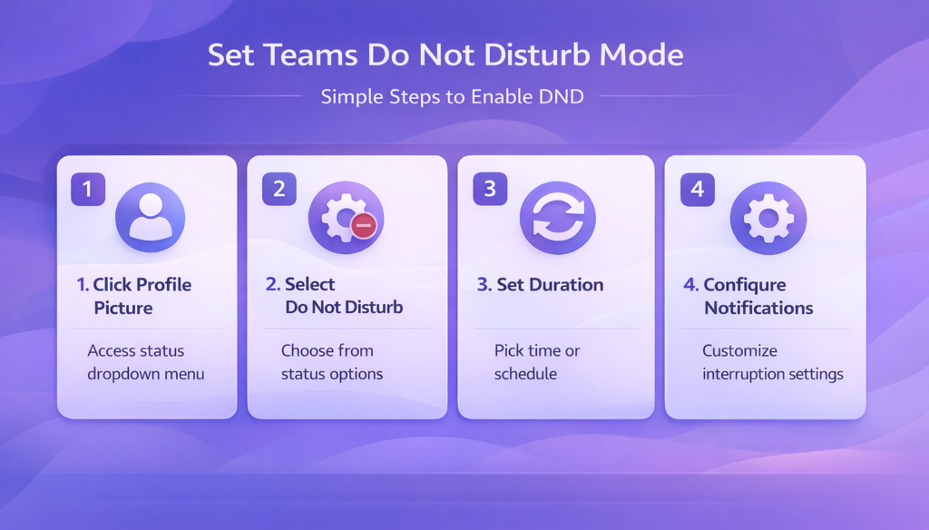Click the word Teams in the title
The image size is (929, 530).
pyautogui.click(x=310, y=55)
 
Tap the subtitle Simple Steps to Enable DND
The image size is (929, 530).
pyautogui.click(x=452, y=96)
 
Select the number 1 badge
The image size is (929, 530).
pyautogui.click(x=88, y=189)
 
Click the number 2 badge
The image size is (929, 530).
pyautogui.click(x=279, y=189)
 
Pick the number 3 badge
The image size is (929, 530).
pyautogui.click(x=490, y=189)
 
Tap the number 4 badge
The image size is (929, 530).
pyautogui.click(x=698, y=189)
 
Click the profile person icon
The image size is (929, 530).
pyautogui.click(x=150, y=217)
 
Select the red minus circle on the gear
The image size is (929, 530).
pyautogui.click(x=363, y=225)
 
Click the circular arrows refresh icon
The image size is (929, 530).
pyautogui.click(x=558, y=218)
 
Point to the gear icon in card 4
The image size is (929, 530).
pyautogui.click(x=768, y=218)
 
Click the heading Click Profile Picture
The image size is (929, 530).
pyautogui.click(x=134, y=296)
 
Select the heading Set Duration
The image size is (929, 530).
pyautogui.click(x=541, y=285)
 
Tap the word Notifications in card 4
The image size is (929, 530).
pyautogui.click(x=758, y=308)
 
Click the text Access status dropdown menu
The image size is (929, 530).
pyautogui.click(x=146, y=361)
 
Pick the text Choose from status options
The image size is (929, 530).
pyautogui.click(x=332, y=361)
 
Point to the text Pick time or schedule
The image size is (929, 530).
pyautogui.click(x=537, y=361)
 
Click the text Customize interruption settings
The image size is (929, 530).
pyautogui.click(x=773, y=361)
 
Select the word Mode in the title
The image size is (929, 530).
pyautogui.click(x=641, y=55)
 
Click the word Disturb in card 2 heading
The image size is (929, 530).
pyautogui.click(x=374, y=307)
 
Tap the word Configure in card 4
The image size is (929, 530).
pyautogui.click(x=745, y=285)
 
